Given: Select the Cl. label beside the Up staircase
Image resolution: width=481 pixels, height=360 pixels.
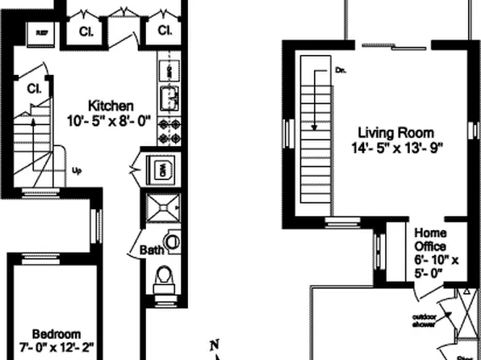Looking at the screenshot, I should point(33,88).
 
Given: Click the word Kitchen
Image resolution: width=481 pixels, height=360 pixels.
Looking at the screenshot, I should point(111,106).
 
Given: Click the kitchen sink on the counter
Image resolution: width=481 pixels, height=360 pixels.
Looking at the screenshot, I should point(170,98).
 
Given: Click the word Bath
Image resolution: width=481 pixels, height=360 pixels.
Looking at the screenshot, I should point(150,250).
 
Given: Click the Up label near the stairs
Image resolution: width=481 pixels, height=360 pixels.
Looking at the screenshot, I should point(77,170).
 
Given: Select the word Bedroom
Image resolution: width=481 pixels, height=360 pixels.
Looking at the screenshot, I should point(56,333).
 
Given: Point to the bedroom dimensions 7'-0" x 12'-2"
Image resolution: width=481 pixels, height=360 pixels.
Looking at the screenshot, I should point(56,348).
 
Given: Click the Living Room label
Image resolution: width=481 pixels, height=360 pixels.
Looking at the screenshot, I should point(396,132).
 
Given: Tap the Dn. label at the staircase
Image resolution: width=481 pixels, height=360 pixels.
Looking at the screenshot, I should point(340,72).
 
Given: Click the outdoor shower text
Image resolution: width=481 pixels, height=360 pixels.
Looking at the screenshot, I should point(425,320).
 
